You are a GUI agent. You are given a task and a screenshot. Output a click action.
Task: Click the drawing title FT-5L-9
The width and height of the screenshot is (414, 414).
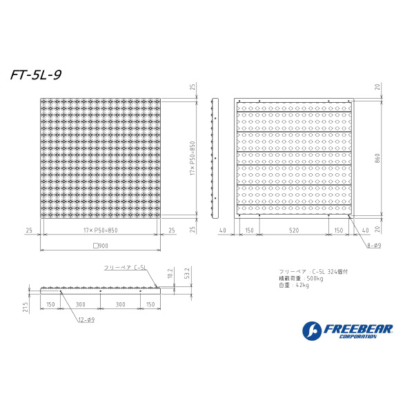click(36, 76)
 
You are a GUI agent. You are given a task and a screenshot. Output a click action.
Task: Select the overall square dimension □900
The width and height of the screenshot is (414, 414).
click(101, 246)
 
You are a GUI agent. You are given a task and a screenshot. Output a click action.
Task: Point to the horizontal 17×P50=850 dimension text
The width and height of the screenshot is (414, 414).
click(101, 230)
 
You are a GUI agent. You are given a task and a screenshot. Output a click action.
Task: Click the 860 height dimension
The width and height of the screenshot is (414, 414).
click(378, 159)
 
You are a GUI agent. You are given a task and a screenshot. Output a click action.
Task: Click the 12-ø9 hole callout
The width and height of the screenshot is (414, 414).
click(86, 319)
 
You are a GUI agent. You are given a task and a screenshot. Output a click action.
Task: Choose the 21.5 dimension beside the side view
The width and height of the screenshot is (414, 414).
click(24, 307)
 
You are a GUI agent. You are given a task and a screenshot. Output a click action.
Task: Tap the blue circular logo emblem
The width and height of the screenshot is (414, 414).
click(311, 331)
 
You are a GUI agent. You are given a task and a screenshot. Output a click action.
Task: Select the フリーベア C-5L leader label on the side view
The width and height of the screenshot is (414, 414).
click(124, 267)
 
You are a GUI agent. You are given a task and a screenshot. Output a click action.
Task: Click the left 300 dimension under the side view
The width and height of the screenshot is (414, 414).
click(81, 304)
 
